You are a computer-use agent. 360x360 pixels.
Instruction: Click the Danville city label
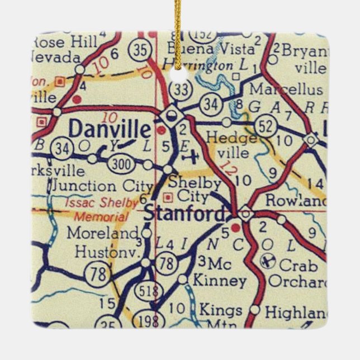tap(110, 130)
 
